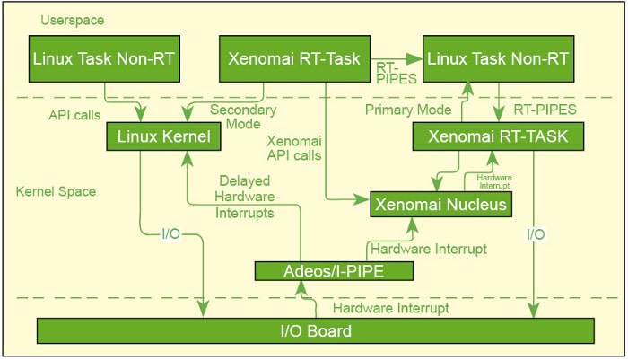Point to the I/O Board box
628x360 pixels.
(311, 331)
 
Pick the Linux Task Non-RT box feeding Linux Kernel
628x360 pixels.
(105, 59)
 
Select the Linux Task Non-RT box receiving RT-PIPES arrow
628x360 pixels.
(498, 59)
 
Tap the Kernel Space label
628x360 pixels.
(55, 191)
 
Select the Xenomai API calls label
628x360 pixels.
(293, 147)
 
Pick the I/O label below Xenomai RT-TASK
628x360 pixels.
(536, 234)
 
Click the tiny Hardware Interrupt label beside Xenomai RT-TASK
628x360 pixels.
(494, 181)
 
